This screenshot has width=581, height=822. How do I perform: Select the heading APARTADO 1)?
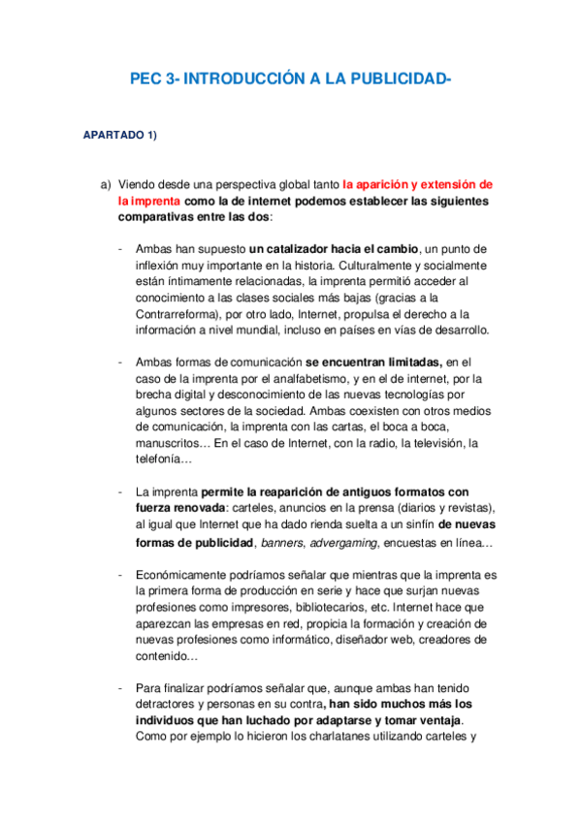(x=120, y=134)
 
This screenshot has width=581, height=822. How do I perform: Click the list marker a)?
(x=106, y=184)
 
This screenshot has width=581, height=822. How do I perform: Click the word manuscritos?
(x=171, y=444)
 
